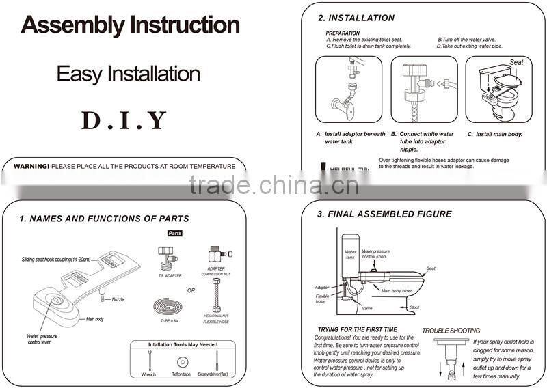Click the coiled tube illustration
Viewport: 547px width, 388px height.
[168, 305]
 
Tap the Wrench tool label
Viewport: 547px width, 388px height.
[148, 374]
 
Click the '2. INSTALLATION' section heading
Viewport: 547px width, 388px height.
[356, 18]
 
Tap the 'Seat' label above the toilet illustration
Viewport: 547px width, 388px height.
[516, 62]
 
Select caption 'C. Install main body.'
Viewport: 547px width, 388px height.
[494, 134]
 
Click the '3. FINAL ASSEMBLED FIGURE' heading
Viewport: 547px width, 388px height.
[384, 214]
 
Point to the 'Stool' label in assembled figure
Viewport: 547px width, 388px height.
[414, 307]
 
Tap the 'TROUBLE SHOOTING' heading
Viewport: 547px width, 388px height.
[451, 331]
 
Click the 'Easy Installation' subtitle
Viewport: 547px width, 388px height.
[128, 73]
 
